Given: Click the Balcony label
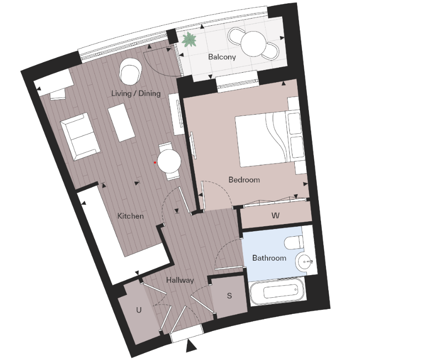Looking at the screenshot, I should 222,57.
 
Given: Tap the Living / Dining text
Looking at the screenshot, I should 136,94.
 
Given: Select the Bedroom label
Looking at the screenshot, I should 244,180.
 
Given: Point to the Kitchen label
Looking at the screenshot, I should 130,216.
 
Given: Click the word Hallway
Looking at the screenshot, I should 180,280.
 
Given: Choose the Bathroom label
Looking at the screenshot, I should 269,258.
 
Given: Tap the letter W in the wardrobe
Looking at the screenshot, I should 275,216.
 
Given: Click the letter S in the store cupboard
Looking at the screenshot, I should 229,296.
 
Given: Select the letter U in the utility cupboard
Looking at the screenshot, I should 139,310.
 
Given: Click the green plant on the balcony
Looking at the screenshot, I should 189,41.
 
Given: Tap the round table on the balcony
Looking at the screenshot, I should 253,43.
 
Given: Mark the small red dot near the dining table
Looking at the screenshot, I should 155,162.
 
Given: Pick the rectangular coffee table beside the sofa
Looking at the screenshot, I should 121,122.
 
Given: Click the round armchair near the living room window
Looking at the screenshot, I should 130,72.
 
